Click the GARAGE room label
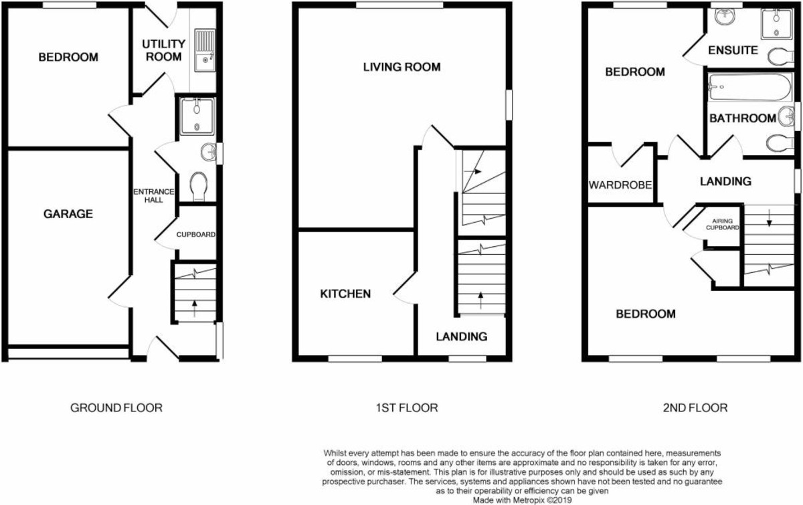pos(68,214)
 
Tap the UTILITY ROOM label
pos(163,51)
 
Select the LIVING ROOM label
pos(401,67)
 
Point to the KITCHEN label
pos(345,294)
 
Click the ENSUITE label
pos(733,50)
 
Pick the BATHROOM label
pos(742,118)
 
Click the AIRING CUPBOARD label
pos(723,224)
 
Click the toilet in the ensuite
pos(780,58)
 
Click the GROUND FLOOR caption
pos(116,407)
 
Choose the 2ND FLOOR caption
pos(693,407)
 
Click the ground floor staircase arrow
pos(195,307)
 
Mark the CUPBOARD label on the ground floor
pos(195,235)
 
